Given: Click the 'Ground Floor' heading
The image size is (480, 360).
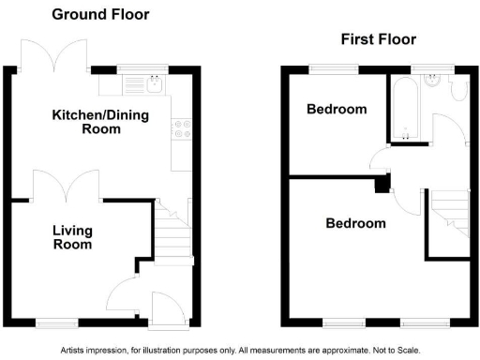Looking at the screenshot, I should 99,15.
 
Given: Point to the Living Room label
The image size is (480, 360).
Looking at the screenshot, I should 72,237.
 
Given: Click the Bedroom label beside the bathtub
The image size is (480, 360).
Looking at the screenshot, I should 337,109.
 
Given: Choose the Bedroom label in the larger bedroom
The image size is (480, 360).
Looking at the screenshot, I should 355,223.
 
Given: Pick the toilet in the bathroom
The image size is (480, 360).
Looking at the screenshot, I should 459,89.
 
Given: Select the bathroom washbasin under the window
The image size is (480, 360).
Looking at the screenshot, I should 432,82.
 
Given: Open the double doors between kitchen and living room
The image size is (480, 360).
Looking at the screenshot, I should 67,185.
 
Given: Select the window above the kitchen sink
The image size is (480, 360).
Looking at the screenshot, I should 141,68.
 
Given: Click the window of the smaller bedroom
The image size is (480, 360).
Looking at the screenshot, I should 333,68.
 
